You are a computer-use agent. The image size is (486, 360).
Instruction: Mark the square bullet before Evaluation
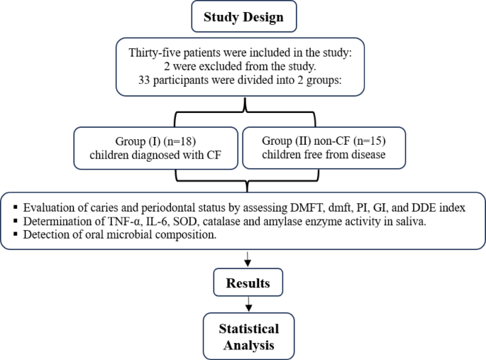[x=15, y=209]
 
